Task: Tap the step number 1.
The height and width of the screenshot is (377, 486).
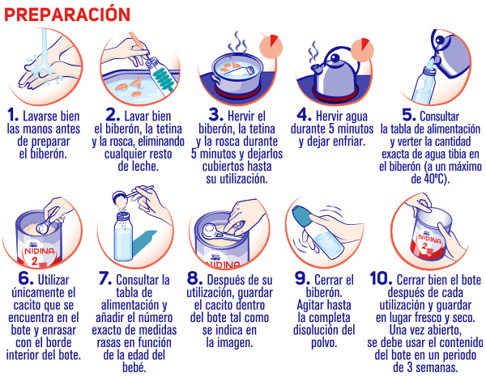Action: (13, 115)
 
